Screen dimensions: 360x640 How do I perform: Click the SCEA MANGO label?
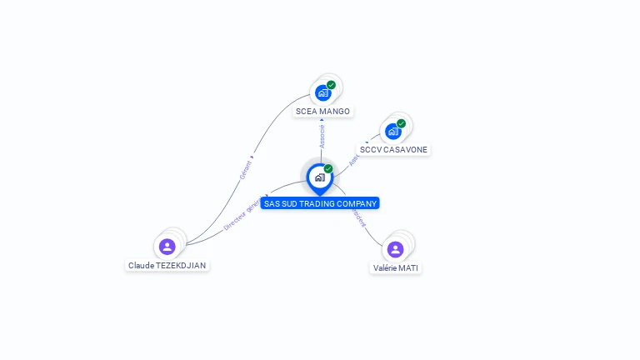322,111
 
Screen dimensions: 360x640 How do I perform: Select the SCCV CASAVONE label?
393,150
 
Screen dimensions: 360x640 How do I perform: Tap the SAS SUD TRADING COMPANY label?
320,203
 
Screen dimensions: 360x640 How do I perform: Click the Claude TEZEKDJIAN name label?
167,265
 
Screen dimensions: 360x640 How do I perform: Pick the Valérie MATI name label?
395,268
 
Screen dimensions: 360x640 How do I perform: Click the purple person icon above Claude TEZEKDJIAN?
167,247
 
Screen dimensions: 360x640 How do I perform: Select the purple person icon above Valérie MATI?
395,249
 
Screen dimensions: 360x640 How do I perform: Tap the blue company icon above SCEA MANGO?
322,93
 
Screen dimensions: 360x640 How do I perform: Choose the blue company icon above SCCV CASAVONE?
392,132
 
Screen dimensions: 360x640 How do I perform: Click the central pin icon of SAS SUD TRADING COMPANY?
319,177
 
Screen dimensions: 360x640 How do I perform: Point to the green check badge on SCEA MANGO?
331,85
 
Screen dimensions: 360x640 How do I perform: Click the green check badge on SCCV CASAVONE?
401,123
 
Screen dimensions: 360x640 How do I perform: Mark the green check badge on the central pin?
328,168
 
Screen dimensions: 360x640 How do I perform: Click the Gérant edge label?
245,169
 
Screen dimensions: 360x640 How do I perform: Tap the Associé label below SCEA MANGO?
322,136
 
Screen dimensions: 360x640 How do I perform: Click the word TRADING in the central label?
322,203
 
